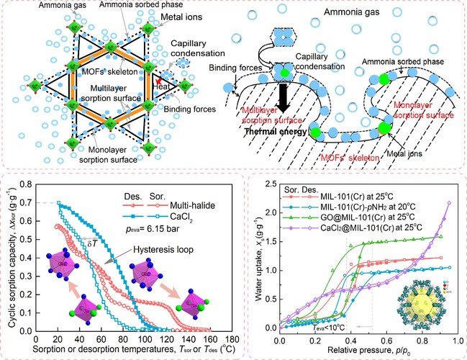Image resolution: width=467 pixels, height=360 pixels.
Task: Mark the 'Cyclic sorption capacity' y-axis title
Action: coord(12,262)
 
